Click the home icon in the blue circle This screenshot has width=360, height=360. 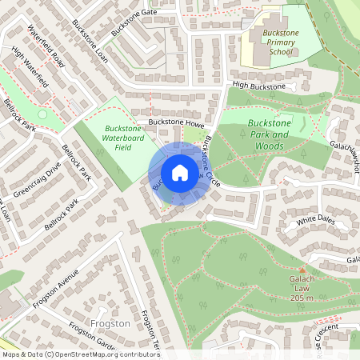pos(180,173)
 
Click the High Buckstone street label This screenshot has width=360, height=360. pos(258,86)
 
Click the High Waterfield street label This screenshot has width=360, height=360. pos(30,67)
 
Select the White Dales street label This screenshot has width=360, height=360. pos(314,220)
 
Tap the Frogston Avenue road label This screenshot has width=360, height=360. pos(57,293)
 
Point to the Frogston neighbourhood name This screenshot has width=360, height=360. pos(110,323)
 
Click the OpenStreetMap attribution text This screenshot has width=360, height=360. pos(80,354)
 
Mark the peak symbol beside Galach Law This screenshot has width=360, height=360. pos(302,269)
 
